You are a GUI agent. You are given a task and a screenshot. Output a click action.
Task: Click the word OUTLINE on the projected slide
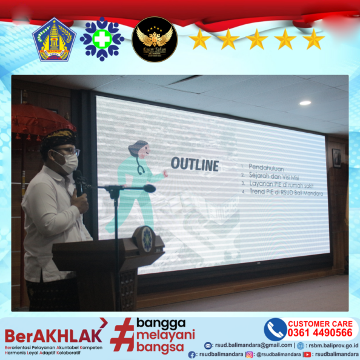(195, 164)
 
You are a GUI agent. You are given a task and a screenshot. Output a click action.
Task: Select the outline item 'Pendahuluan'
(267, 166)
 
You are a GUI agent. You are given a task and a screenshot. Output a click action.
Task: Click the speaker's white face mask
(68, 161)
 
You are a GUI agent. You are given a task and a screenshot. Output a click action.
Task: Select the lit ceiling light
(305, 102)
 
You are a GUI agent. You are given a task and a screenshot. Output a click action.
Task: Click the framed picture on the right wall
(336, 158)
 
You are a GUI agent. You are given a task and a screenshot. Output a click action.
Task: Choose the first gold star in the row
(199, 40)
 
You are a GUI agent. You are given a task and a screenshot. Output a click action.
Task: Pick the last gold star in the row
(313, 40)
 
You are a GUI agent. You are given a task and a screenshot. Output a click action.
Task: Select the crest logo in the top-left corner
(54, 39)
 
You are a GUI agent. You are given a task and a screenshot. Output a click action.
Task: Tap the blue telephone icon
(275, 329)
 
